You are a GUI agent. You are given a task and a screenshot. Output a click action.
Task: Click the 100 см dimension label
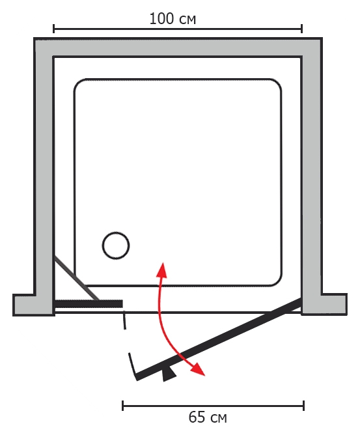pyautogui.click(x=173, y=19)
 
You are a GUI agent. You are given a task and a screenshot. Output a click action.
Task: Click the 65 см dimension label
pyautogui.click(x=208, y=417)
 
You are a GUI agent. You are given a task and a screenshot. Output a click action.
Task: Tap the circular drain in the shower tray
pyautogui.click(x=116, y=246)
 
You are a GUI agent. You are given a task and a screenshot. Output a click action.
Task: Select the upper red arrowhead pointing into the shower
pyautogui.click(x=161, y=270)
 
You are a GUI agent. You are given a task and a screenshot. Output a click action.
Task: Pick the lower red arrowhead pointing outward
pyautogui.click(x=199, y=369)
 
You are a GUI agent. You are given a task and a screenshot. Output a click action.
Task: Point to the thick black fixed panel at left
pyautogui.click(x=89, y=303)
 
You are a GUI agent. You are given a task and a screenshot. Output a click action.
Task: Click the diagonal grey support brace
pyautogui.click(x=77, y=278)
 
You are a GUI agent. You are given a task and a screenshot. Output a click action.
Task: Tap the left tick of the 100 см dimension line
pyautogui.click(x=54, y=29)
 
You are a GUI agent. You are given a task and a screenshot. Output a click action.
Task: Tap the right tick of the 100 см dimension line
pyautogui.click(x=302, y=29)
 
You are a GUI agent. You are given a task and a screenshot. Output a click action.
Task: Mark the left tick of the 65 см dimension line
pyautogui.click(x=122, y=406)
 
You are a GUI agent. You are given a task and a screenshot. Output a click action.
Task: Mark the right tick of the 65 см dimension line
pyautogui.click(x=304, y=406)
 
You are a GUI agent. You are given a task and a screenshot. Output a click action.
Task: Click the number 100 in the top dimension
pyautogui.click(x=161, y=19)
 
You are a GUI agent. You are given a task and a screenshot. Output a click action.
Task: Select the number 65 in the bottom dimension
pyautogui.click(x=197, y=417)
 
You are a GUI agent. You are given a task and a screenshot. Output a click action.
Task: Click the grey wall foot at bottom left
pyautogui.click(x=34, y=305)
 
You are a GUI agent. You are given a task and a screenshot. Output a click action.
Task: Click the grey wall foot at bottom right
pyautogui.click(x=324, y=304)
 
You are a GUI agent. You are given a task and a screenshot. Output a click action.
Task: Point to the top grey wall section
pyautogui.click(x=178, y=48)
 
